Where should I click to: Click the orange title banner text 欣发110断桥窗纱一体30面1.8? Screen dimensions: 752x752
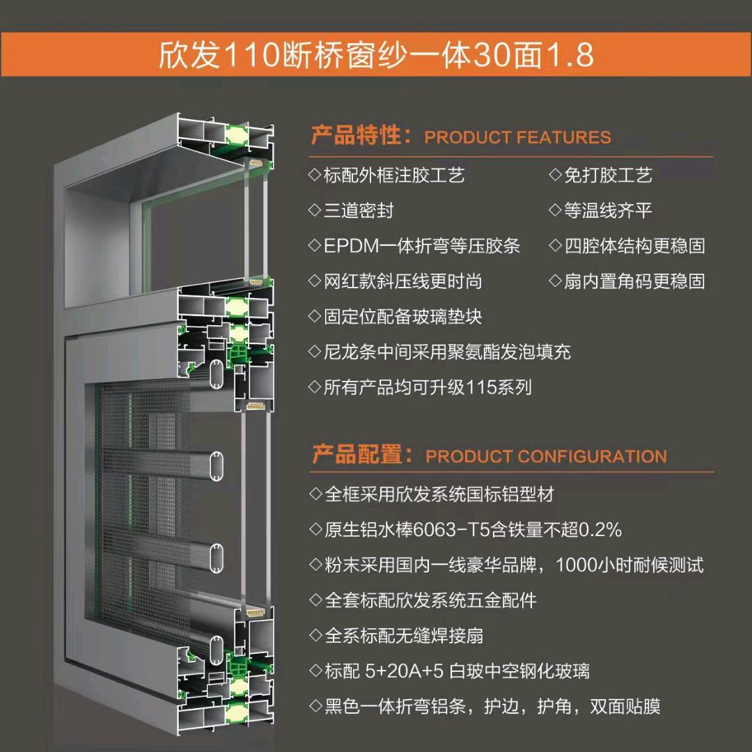coord(376,55)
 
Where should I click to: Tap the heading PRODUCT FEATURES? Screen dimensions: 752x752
coord(517,137)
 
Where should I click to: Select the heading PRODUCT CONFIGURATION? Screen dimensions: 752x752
coord(546,456)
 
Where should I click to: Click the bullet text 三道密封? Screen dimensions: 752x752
coord(359,210)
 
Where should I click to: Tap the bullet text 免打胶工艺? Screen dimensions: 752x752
coord(608,175)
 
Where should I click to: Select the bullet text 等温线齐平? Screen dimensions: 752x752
coord(608,210)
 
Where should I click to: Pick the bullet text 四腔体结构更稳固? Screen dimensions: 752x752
coord(634,246)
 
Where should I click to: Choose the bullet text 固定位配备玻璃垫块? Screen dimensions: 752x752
coord(403,317)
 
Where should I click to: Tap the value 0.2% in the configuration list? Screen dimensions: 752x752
coord(600,530)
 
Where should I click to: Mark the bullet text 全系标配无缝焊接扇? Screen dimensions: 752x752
coord(404,636)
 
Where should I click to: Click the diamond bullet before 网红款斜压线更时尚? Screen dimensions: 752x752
coord(315,281)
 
